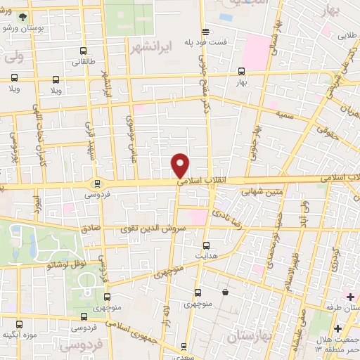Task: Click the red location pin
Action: [x=181, y=165]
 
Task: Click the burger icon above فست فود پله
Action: [x=205, y=32]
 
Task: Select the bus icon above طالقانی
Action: [x=84, y=51]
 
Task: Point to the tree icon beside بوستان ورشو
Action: [x=24, y=16]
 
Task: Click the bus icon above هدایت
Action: [x=206, y=245]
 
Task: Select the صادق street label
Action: [x=91, y=228]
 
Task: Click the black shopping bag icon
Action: [x=225, y=292]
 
